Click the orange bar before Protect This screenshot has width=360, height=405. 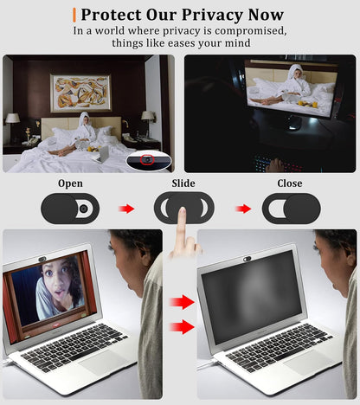coord(74,15)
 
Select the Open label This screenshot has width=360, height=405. coord(70,183)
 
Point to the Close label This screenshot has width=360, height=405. coord(290,183)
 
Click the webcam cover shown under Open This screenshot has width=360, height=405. coord(70,209)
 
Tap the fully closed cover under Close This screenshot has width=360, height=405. coord(291,209)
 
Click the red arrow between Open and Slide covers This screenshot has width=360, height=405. coord(126,209)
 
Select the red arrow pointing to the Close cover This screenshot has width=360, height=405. coord(245,209)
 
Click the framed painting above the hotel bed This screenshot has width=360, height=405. coord(80,92)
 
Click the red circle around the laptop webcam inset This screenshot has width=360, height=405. coord(148,159)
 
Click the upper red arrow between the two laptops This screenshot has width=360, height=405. coord(182,302)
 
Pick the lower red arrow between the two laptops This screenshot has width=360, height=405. coord(182,326)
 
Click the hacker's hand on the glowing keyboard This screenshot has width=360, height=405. coord(275,164)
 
